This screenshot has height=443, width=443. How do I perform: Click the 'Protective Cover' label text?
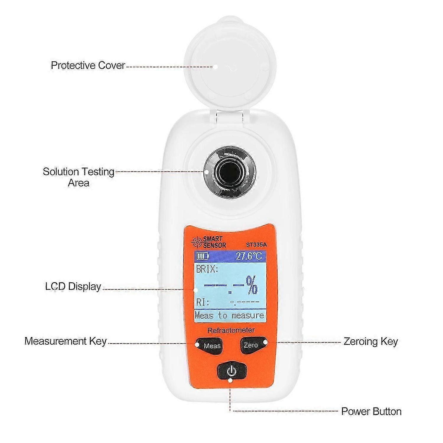(x=88, y=65)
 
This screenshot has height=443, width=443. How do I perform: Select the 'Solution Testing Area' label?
(x=79, y=177)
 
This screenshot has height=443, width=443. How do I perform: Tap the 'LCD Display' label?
(x=73, y=286)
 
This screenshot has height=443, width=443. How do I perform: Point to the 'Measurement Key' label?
(x=66, y=341)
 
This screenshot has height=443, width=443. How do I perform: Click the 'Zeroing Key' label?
(x=370, y=341)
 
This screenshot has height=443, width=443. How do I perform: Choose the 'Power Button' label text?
(x=371, y=411)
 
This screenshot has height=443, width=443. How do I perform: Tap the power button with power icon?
(x=232, y=371)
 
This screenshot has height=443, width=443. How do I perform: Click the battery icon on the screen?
(x=203, y=256)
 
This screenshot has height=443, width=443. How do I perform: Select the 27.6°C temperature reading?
(x=249, y=256)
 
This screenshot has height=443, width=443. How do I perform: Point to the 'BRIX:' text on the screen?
(x=208, y=269)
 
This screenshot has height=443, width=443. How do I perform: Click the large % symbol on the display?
(x=252, y=285)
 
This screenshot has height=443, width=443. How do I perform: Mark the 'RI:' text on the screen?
(x=203, y=302)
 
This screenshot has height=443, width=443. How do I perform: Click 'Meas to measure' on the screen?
(x=229, y=315)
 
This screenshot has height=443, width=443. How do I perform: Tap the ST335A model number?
(x=256, y=245)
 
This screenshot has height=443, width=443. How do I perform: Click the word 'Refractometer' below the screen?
(x=231, y=330)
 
